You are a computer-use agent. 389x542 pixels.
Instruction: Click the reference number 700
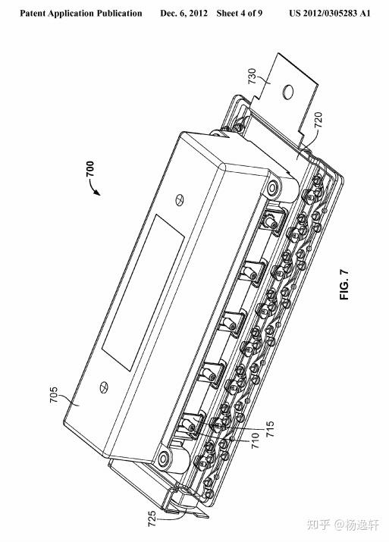click(90, 169)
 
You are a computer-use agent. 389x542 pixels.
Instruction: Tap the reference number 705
click(54, 394)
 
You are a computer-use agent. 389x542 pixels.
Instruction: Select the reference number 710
click(256, 440)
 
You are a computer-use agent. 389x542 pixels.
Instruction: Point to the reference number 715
click(270, 428)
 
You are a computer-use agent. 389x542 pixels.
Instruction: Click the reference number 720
click(318, 120)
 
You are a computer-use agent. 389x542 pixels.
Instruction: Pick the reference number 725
click(152, 519)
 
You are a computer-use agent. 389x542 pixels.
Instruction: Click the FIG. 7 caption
click(345, 284)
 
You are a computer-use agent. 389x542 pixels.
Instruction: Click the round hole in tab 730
click(287, 91)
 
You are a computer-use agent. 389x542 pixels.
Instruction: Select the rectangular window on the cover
click(143, 293)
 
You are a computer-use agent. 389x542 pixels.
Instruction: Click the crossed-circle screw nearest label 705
click(103, 387)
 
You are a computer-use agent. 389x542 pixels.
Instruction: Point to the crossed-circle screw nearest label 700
click(180, 200)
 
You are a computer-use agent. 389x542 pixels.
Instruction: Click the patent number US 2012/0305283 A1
click(330, 14)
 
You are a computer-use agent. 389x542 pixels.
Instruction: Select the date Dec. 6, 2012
click(184, 14)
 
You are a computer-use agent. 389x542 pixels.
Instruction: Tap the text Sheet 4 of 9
click(240, 14)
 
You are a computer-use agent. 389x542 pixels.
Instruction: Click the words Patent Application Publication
click(81, 14)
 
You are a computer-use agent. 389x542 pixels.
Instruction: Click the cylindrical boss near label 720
click(281, 190)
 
